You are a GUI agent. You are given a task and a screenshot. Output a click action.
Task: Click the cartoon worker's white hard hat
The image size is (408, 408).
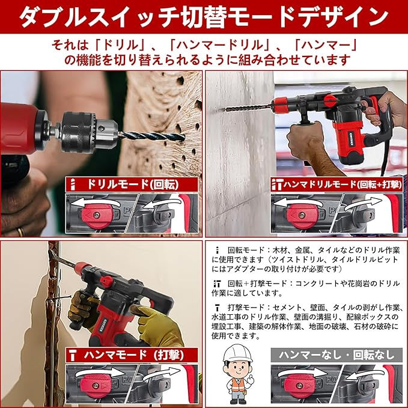pyautogui.click(x=237, y=353)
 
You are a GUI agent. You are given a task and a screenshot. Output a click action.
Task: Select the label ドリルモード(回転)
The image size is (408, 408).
pyautogui.click(x=133, y=184)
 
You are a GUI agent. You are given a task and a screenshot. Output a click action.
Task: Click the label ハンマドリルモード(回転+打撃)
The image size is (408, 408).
pyautogui.click(x=343, y=184)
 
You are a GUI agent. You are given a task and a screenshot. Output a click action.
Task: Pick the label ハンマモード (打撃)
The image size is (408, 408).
pyautogui.click(x=133, y=355)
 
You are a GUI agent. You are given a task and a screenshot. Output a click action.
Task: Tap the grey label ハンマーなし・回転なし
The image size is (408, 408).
pyautogui.click(x=336, y=355)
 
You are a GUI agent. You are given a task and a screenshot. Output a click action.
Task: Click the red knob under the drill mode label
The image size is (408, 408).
pyautogui.click(x=97, y=216)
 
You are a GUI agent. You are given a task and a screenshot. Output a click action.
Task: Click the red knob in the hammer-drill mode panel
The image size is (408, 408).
pyautogui.click(x=302, y=216)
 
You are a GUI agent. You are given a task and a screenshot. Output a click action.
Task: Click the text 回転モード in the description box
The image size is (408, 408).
pyautogui.click(x=246, y=251)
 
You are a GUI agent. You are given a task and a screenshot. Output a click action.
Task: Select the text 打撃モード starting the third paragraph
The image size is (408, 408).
pyautogui.click(x=246, y=308)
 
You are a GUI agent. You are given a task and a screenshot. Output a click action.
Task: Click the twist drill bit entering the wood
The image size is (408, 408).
pyautogui.click(x=151, y=136)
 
